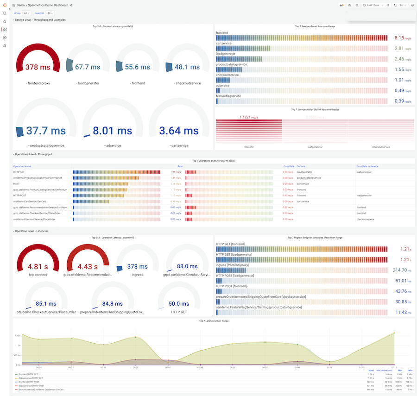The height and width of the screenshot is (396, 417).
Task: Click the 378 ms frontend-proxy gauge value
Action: pos(38,67)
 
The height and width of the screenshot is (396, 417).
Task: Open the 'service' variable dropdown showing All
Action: pos(27,13)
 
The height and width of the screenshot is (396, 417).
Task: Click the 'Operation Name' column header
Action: pos(22,166)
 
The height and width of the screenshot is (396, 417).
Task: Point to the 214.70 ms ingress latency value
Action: pos(399,270)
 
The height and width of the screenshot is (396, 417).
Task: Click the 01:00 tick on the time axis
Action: pos(296,367)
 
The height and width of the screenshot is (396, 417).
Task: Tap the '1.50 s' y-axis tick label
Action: pos(17,335)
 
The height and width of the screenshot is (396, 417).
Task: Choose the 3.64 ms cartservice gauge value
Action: pos(178,131)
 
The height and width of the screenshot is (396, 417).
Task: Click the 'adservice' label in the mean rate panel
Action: pos(223,86)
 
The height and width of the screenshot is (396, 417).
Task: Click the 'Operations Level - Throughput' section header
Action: pos(33,154)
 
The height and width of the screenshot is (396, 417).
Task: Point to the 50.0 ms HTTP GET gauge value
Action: pos(178,304)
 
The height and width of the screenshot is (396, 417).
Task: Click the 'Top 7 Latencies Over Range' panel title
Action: pos(214,321)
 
